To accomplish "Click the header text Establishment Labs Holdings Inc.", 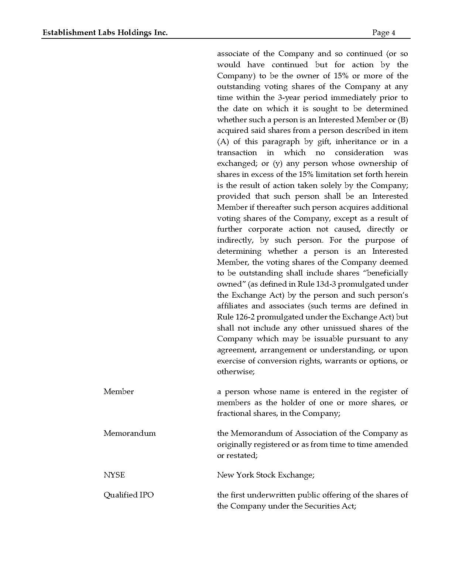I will click(105, 32).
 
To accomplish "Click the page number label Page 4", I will click(384, 32).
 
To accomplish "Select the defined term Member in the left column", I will click(119, 391).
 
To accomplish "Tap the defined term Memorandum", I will click(130, 433).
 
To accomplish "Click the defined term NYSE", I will click(114, 475).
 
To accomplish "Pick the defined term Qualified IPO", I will click(129, 495).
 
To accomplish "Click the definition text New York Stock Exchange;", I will click(266, 475).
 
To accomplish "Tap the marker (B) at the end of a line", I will click(403, 120).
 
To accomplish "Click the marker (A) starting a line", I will click(223, 141).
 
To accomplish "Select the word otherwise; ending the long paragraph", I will click(236, 372).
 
